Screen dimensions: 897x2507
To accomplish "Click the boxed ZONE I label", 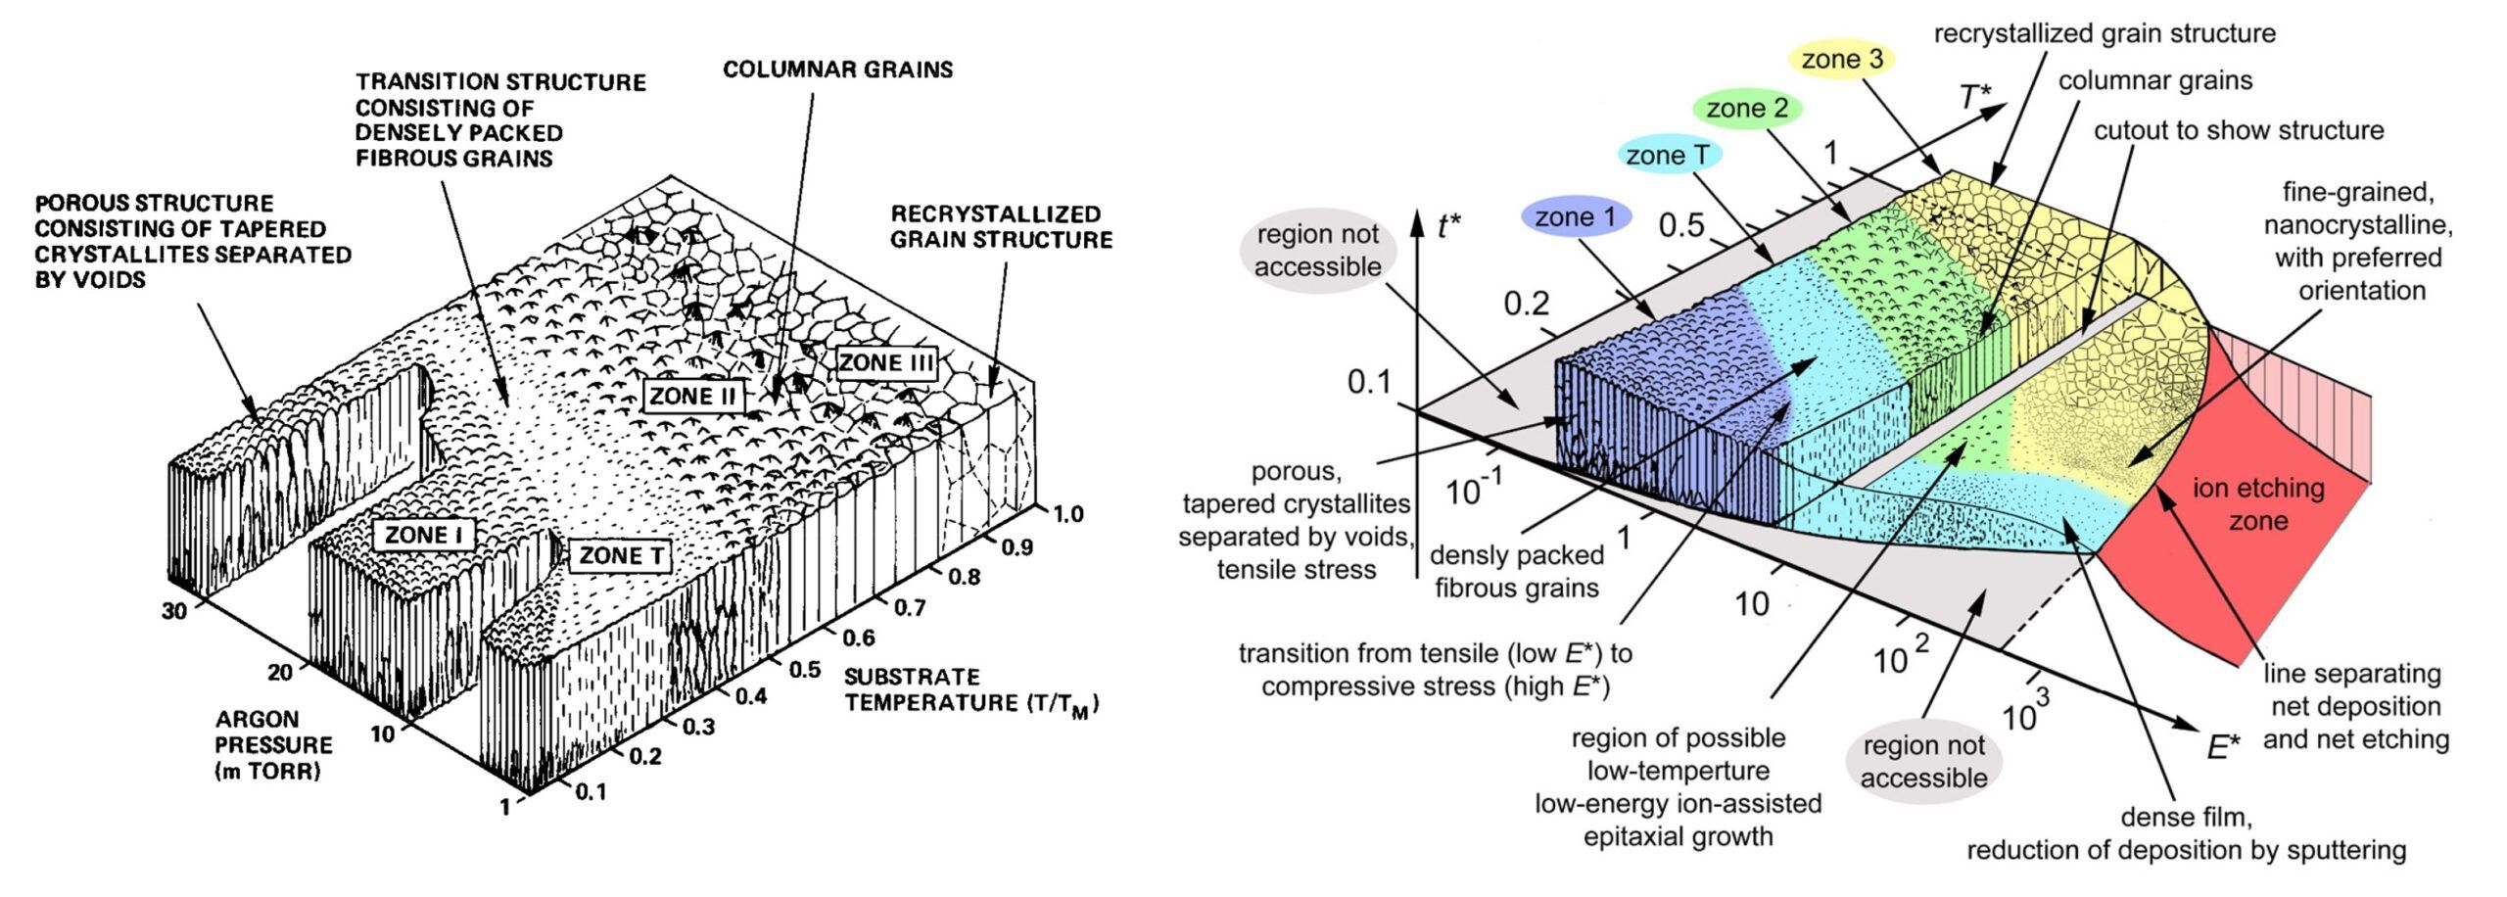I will click(423, 535).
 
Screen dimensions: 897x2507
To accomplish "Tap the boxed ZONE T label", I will click(622, 556).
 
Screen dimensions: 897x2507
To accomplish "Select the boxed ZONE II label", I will click(693, 397).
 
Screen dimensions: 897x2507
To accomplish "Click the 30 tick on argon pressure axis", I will click(174, 611).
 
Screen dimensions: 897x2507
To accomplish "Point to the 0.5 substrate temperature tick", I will click(805, 669).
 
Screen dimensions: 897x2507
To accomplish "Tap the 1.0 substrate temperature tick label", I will click(1067, 514).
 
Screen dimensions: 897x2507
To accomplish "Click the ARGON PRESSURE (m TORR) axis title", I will click(273, 744).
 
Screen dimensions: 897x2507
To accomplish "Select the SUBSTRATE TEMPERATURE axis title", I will click(970, 689).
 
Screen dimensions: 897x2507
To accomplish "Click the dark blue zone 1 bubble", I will click(1576, 216).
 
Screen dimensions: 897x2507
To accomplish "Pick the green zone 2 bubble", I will click(1747, 108).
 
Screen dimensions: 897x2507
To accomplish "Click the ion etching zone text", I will click(2257, 503).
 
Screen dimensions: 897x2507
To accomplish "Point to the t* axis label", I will click(1448, 226).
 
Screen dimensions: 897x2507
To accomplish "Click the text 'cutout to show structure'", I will click(2238, 130).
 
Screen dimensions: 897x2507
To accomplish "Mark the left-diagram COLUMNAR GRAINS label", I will click(837, 69).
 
